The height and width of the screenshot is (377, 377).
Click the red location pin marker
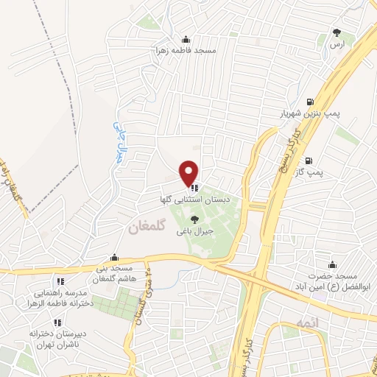189,172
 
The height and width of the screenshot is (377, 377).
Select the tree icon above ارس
337,32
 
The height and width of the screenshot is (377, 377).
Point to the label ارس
337,45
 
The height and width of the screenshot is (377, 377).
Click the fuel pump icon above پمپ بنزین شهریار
309,102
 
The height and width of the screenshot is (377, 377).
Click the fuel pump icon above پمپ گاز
309,160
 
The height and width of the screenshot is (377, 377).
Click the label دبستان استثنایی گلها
188,200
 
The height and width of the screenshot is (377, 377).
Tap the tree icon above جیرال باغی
194,219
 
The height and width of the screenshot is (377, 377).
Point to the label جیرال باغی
194,230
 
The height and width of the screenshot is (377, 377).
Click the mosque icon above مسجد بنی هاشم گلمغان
113,258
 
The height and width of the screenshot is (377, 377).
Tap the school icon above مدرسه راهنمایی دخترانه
60,281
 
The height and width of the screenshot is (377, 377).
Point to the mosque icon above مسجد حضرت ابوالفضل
332,264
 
